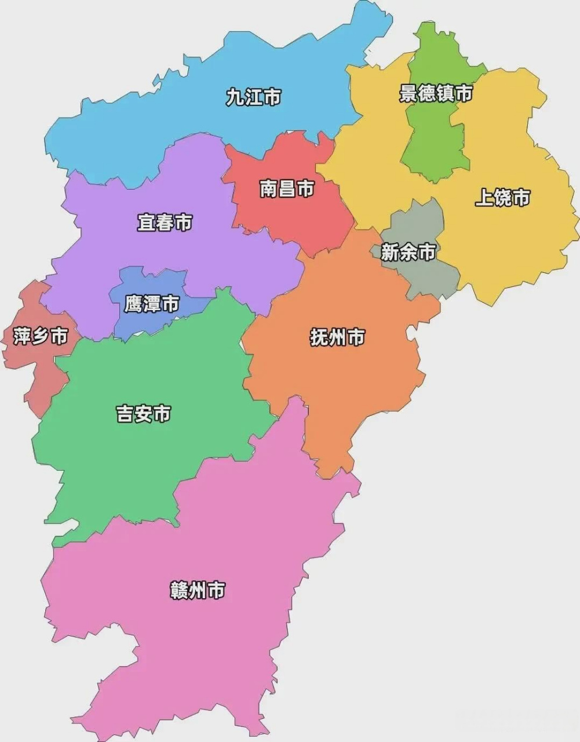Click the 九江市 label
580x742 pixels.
click(x=253, y=97)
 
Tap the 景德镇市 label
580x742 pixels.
click(x=436, y=93)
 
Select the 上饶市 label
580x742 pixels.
click(x=502, y=198)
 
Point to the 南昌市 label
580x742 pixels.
click(x=287, y=188)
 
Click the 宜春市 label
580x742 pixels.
click(x=165, y=223)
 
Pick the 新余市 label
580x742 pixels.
click(x=408, y=252)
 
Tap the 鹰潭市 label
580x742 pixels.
click(x=152, y=304)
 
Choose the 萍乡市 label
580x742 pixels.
click(x=41, y=336)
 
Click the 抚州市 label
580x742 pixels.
click(x=338, y=337)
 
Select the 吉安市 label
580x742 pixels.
click(x=144, y=414)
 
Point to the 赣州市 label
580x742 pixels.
click(x=198, y=591)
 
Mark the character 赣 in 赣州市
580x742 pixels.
click(x=179, y=591)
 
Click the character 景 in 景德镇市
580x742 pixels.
click(x=408, y=93)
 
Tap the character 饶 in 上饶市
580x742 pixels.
click(x=502, y=198)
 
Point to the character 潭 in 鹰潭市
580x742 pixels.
click(x=152, y=304)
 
